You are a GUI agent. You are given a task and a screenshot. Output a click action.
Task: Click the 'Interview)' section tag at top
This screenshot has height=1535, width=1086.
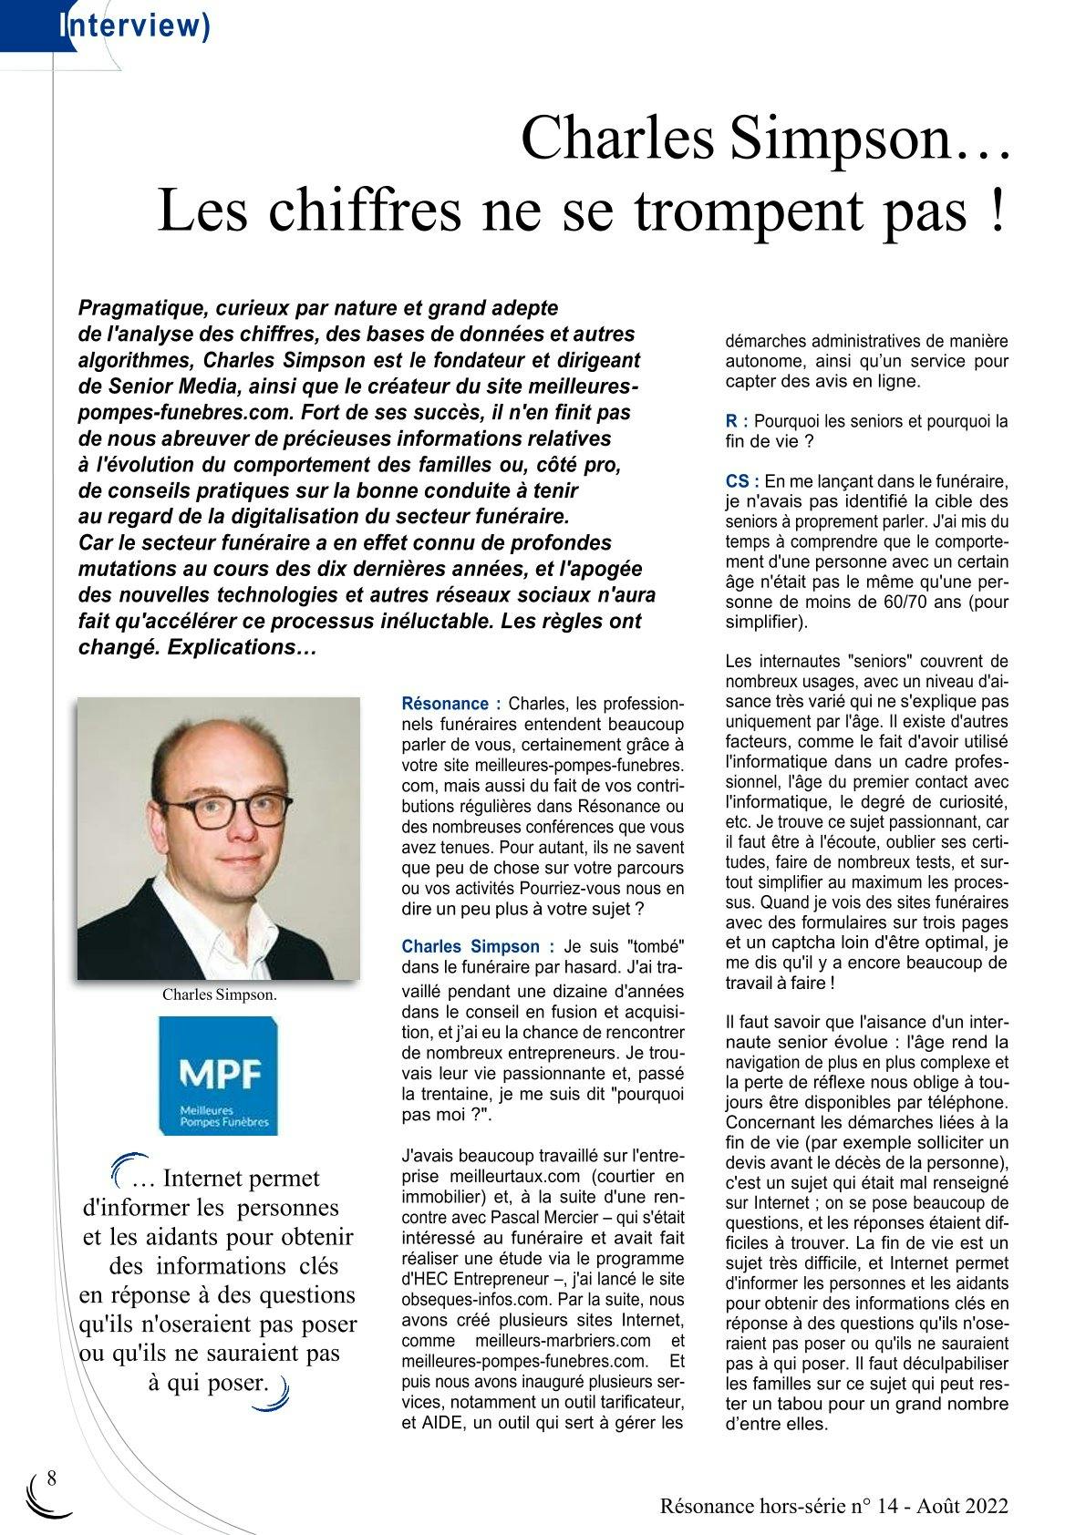tap(134, 26)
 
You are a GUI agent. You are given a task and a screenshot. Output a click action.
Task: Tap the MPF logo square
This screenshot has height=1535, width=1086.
tap(218, 1076)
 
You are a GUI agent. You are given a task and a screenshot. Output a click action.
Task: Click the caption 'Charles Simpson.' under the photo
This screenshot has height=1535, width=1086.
tap(219, 994)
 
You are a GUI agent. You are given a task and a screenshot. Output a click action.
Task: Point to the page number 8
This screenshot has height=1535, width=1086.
tap(51, 1478)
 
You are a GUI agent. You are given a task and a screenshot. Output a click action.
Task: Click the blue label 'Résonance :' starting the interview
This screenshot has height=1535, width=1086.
tap(450, 704)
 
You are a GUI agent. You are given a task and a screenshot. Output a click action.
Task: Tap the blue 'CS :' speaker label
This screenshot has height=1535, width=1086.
tap(742, 480)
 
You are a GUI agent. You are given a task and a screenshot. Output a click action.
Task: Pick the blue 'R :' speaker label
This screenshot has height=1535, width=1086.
tap(737, 421)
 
